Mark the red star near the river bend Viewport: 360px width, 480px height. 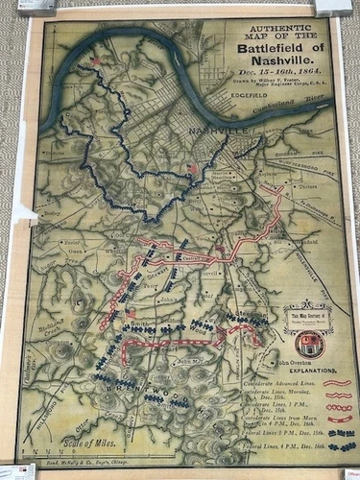(x=94, y=61)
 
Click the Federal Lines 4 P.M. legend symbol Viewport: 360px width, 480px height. (x=340, y=445)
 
